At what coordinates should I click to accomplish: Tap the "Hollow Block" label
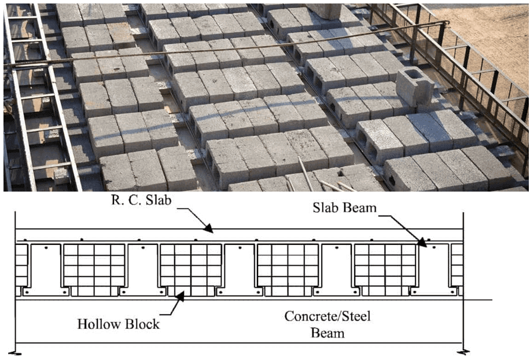pyautogui.click(x=118, y=324)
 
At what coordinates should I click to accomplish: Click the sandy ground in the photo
pyautogui.click(x=492, y=35)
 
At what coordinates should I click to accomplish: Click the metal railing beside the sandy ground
pyautogui.click(x=463, y=69)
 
